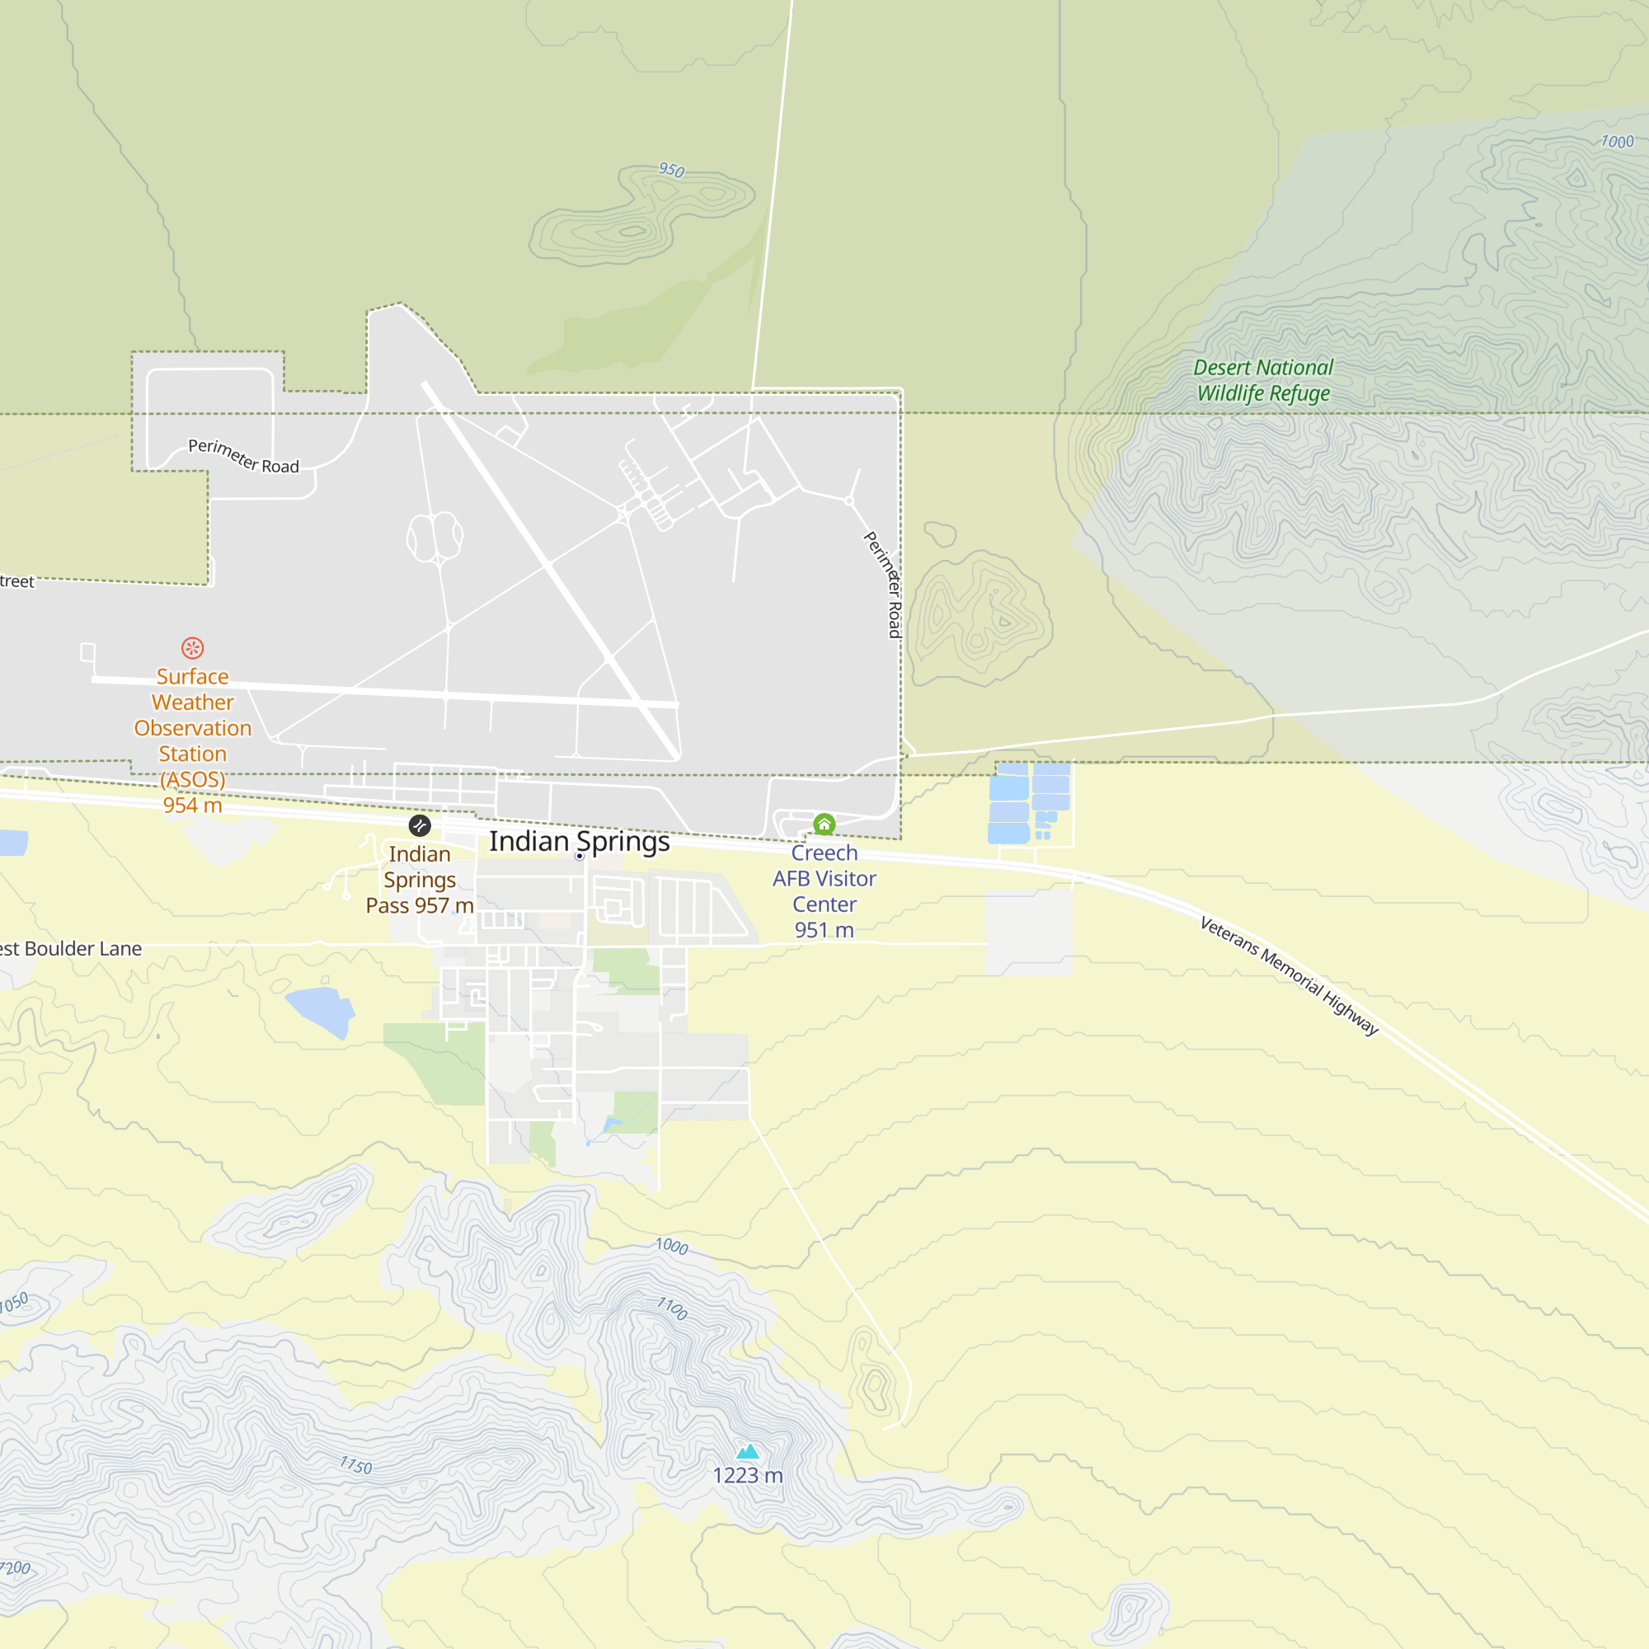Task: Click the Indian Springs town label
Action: coord(579,842)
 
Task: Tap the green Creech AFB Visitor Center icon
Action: coord(824,824)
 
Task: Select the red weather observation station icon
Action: coord(192,648)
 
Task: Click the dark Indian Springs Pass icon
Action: coord(419,825)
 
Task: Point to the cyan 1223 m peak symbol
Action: coord(748,1451)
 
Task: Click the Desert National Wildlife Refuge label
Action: coord(1262,380)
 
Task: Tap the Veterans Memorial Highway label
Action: coord(1289,975)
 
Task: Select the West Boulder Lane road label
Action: coord(71,948)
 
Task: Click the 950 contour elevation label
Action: coord(671,170)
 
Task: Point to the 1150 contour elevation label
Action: coord(356,1465)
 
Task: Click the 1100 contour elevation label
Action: coord(672,1308)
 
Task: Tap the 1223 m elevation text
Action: coord(748,1476)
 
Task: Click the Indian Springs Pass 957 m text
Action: coord(419,880)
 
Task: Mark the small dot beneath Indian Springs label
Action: coord(580,856)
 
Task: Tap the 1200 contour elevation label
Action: coord(16,1568)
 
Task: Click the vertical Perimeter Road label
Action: coord(885,585)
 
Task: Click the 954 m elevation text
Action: coord(193,805)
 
